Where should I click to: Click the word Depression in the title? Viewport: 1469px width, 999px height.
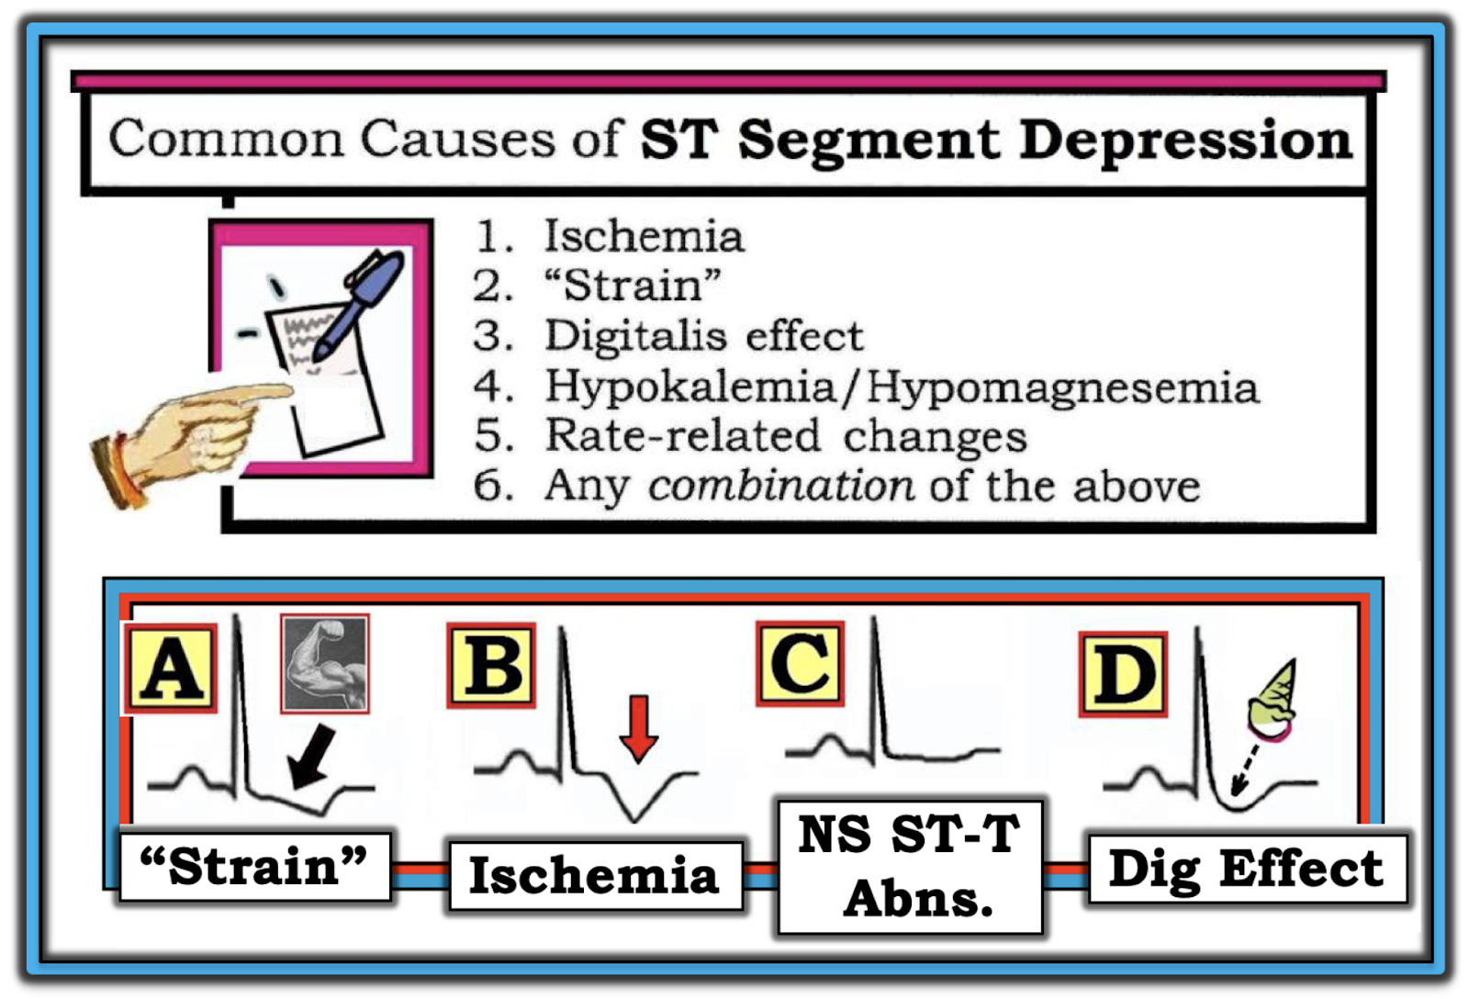click(1185, 140)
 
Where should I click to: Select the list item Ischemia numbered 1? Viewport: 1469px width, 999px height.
click(643, 236)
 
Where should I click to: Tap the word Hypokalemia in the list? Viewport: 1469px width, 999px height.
click(690, 386)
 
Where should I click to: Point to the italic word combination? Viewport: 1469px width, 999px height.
click(780, 485)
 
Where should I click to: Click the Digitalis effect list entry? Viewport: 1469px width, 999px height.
click(703, 335)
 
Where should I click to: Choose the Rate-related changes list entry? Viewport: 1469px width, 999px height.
click(785, 435)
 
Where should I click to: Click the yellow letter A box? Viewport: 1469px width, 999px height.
click(172, 668)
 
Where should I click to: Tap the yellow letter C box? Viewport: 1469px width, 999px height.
click(800, 663)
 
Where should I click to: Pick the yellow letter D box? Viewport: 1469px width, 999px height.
click(1123, 674)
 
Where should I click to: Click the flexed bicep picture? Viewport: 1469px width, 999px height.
click(325, 664)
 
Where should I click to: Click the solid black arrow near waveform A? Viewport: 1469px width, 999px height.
click(310, 756)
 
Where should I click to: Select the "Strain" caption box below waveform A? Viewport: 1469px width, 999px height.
click(254, 866)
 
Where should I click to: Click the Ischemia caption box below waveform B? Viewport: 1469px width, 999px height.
click(594, 875)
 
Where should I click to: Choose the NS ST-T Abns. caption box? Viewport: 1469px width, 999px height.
click(910, 866)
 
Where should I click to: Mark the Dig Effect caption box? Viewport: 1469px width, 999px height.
click(1246, 869)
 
